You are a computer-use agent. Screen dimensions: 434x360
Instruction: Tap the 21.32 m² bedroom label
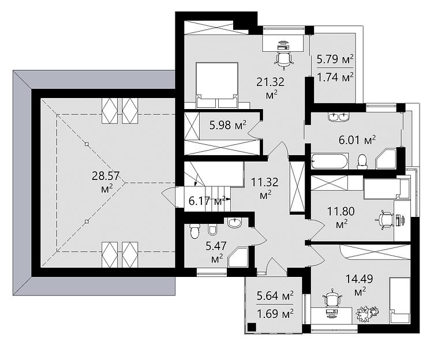click(x=271, y=88)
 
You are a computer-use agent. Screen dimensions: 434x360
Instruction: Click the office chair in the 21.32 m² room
click(x=283, y=59)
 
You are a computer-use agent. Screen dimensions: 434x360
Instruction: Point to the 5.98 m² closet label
click(x=228, y=125)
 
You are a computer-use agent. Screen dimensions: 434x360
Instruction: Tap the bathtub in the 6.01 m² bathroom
click(x=329, y=162)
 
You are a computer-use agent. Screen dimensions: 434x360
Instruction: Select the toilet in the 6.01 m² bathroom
click(x=361, y=162)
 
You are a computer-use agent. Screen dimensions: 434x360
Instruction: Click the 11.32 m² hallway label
click(x=265, y=188)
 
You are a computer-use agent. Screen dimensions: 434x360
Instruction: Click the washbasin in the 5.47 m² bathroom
click(x=235, y=223)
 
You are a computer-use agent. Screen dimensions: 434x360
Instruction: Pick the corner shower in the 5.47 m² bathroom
click(x=238, y=257)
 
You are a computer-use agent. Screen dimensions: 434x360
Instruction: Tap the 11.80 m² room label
click(x=341, y=217)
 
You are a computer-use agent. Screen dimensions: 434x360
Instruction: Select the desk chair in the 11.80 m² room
click(x=384, y=220)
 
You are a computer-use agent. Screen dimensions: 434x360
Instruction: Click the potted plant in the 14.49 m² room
click(x=366, y=313)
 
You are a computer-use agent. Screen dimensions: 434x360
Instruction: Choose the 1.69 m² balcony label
click(x=275, y=314)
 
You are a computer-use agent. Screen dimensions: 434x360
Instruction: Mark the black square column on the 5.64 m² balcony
click(x=251, y=327)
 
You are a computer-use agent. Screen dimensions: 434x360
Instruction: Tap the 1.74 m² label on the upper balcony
click(x=335, y=77)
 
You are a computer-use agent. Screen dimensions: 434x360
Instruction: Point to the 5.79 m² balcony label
click(x=335, y=59)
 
